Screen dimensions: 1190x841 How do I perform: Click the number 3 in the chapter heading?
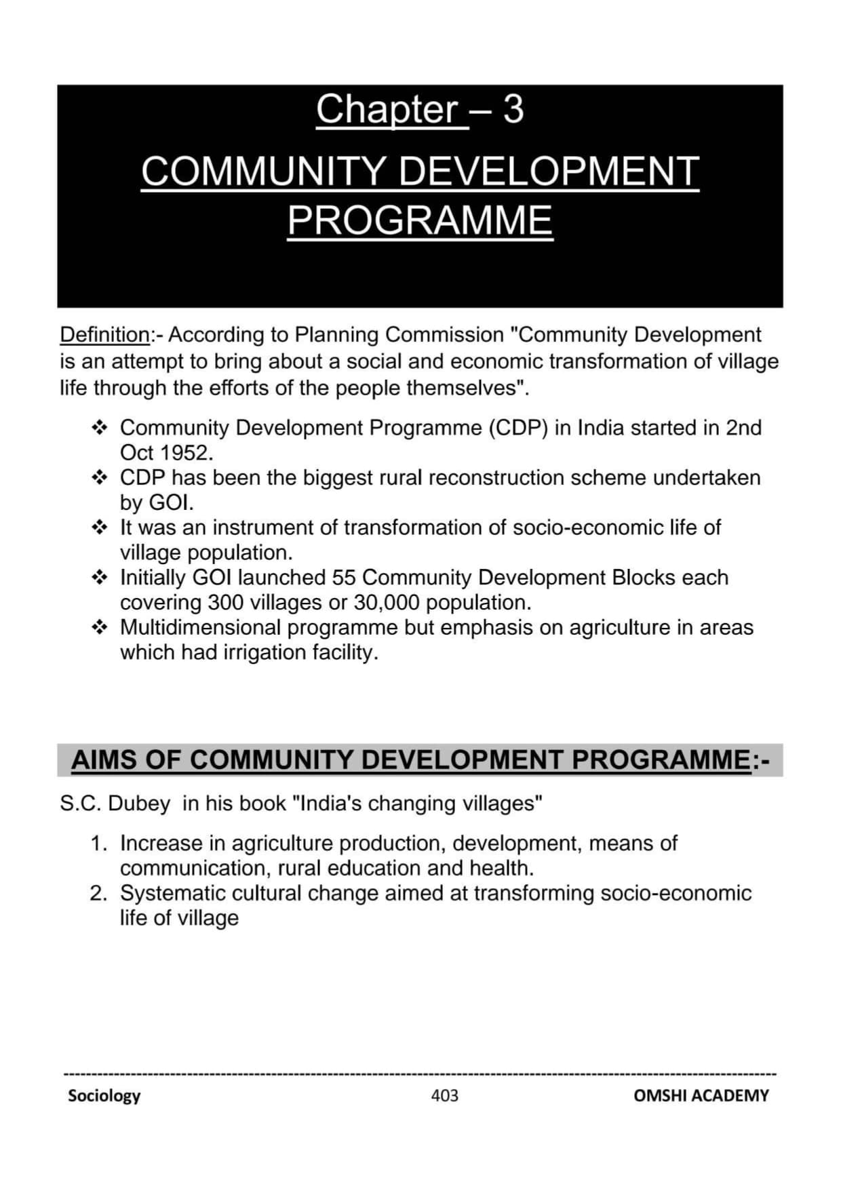click(x=513, y=109)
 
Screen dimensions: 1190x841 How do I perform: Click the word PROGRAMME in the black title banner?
click(x=420, y=220)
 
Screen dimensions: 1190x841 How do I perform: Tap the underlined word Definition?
click(x=105, y=334)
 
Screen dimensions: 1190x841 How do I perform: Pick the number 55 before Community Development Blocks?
click(x=344, y=577)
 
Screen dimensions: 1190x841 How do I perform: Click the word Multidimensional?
click(x=200, y=627)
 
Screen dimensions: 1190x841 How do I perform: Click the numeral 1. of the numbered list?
click(x=99, y=843)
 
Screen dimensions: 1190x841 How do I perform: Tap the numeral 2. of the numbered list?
click(x=99, y=893)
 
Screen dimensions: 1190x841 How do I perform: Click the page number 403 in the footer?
click(x=444, y=1095)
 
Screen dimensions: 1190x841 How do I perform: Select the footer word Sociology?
click(x=104, y=1095)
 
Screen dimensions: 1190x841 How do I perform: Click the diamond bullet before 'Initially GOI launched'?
click(x=99, y=577)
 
